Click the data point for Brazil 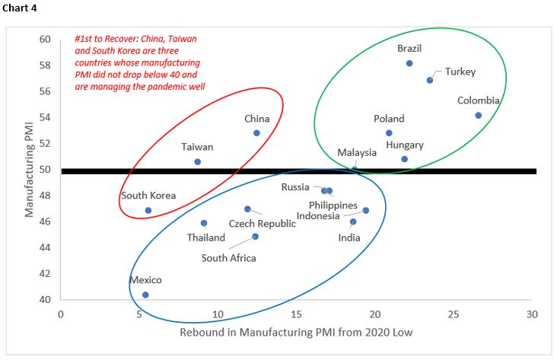(x=409, y=63)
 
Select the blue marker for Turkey (x=430, y=80)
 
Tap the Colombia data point (x=478, y=116)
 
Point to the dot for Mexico (x=145, y=295)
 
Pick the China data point (x=256, y=132)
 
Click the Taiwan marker (x=198, y=161)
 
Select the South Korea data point (x=148, y=210)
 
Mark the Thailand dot (x=204, y=223)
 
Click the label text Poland (x=389, y=119)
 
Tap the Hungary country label (x=405, y=145)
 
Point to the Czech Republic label (x=263, y=224)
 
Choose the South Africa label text (x=228, y=258)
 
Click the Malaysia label (x=358, y=153)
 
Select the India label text (x=349, y=237)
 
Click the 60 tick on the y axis (x=45, y=40)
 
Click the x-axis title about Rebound (x=297, y=333)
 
